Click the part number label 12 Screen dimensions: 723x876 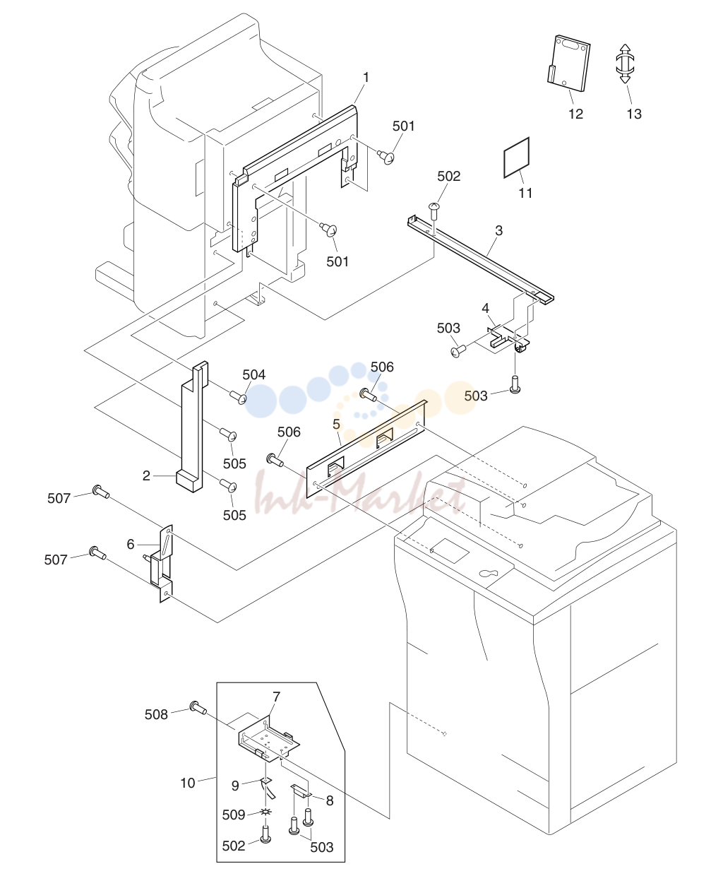(x=575, y=114)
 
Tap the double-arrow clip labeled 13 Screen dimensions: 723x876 (x=625, y=64)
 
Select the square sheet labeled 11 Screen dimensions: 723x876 (x=516, y=158)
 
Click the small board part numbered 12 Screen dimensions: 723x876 (x=568, y=64)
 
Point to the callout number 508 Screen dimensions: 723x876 (x=156, y=714)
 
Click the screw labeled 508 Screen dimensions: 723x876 (x=198, y=707)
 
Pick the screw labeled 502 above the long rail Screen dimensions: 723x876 (x=434, y=211)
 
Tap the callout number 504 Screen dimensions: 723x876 (x=253, y=374)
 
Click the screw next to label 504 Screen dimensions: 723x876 (x=239, y=396)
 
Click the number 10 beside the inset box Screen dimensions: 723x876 (x=188, y=783)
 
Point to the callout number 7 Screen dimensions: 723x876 (x=276, y=697)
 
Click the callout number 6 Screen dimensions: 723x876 (x=131, y=544)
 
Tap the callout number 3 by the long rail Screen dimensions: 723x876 (x=498, y=230)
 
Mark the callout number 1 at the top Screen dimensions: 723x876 (x=366, y=78)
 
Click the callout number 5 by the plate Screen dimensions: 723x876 (x=336, y=424)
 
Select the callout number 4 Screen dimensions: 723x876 (x=485, y=308)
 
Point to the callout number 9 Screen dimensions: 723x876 (x=235, y=786)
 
